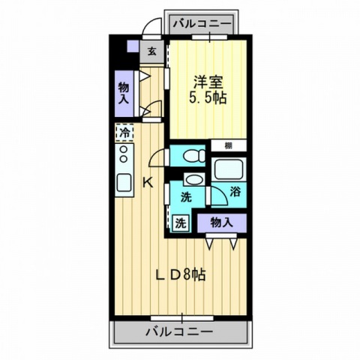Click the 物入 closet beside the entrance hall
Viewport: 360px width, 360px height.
click(x=124, y=93)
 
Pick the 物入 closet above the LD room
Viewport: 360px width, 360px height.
click(x=221, y=222)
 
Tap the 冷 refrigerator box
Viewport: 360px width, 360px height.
click(x=124, y=133)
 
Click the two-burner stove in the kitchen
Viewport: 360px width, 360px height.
click(x=124, y=155)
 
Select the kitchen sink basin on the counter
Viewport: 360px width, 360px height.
click(x=124, y=182)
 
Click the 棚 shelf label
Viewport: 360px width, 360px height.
click(x=226, y=145)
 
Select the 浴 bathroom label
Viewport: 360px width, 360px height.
click(x=235, y=191)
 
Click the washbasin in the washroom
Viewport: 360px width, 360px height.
click(x=193, y=180)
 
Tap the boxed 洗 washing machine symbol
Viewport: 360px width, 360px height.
click(x=181, y=222)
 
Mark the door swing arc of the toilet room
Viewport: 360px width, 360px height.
click(x=158, y=157)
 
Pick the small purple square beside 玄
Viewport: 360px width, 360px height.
click(x=132, y=46)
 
